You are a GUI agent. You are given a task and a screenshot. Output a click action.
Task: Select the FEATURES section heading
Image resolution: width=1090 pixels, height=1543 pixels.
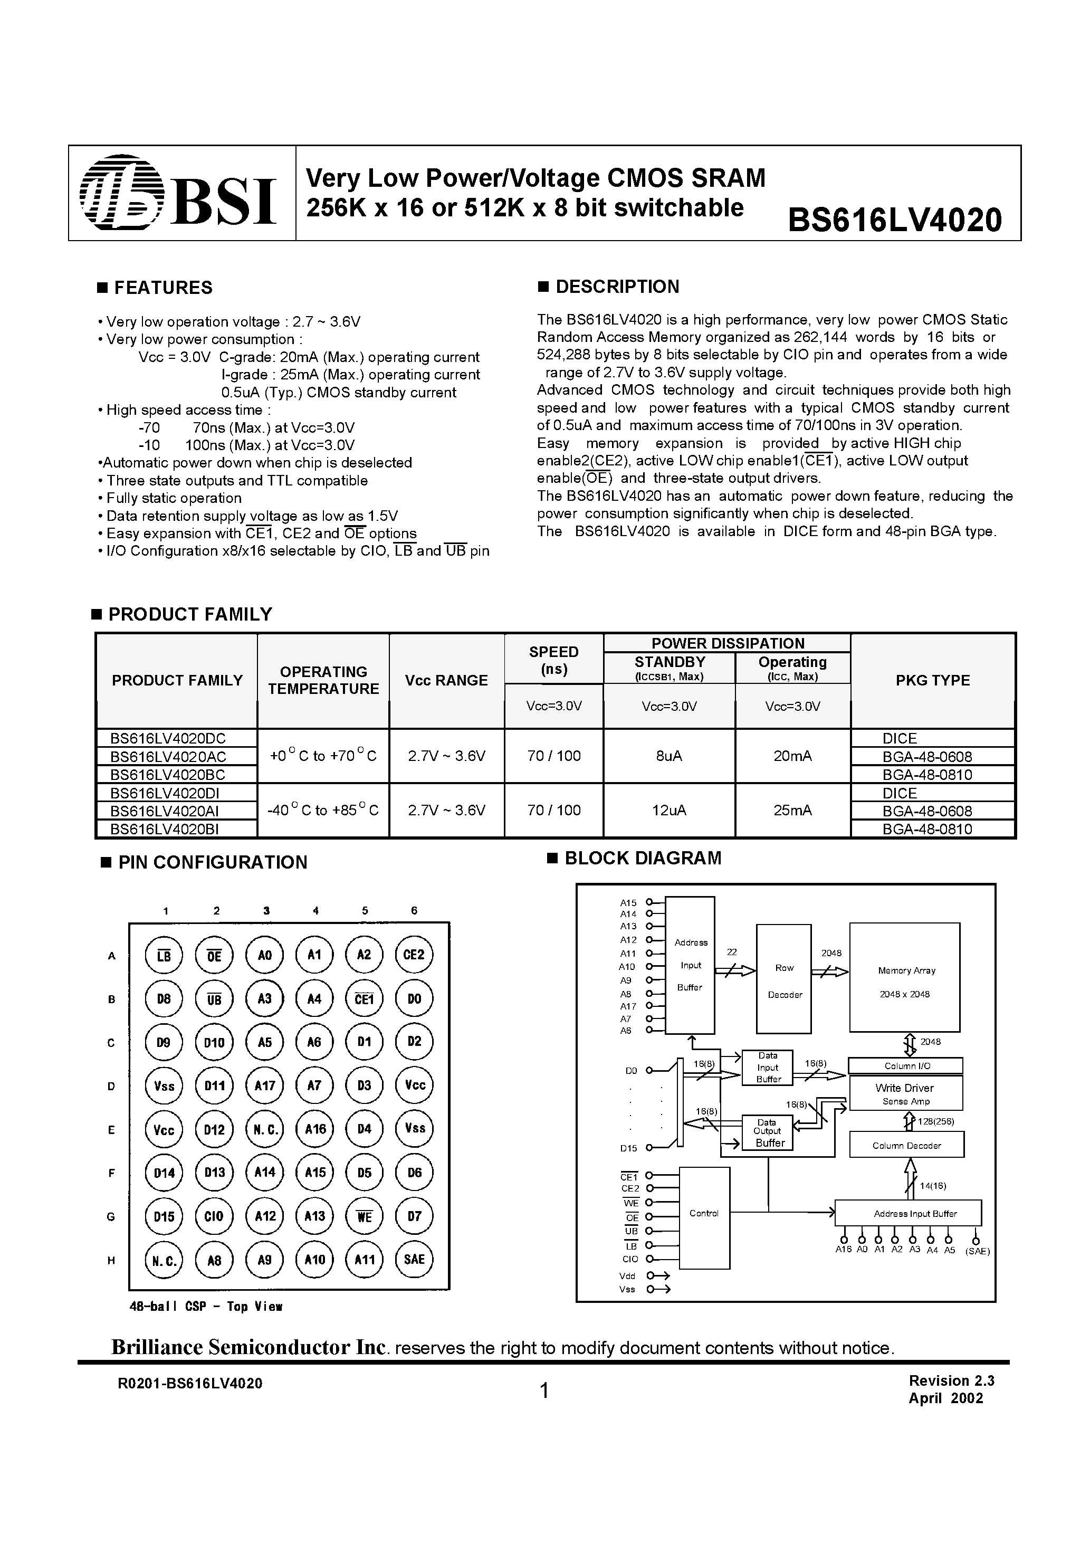click(162, 288)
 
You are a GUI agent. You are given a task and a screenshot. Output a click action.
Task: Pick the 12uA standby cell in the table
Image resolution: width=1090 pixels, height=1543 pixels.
click(668, 811)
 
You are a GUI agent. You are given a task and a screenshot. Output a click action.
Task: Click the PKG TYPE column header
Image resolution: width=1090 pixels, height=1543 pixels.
click(932, 680)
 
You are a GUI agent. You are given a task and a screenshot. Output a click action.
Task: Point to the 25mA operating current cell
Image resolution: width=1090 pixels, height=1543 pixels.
click(792, 811)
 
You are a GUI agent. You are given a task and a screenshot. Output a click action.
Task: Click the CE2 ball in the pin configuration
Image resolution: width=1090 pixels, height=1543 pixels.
click(414, 955)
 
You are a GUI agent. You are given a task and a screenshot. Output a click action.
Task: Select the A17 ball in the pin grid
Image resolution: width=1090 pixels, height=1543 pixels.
click(265, 1085)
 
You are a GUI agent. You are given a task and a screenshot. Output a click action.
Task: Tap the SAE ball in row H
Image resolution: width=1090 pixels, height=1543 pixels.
click(414, 1260)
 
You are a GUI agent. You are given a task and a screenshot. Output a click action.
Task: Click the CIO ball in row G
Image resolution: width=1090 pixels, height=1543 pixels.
click(214, 1216)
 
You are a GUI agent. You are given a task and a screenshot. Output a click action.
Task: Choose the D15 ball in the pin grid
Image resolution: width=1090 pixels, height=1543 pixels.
click(164, 1216)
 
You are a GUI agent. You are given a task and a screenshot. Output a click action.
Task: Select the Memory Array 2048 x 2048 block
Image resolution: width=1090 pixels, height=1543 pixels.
click(904, 977)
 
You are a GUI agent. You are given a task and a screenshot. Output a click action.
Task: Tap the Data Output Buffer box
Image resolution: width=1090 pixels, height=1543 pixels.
click(768, 1132)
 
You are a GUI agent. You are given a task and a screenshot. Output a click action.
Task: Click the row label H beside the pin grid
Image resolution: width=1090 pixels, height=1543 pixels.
click(111, 1260)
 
